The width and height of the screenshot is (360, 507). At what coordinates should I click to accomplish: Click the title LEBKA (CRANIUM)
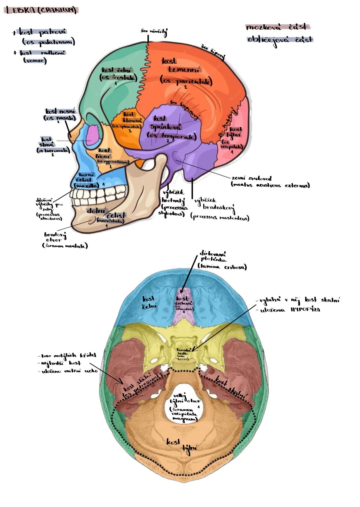[41, 10]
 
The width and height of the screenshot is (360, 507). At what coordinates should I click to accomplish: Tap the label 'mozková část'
[276, 27]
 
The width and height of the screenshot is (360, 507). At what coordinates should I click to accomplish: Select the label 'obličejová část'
[280, 40]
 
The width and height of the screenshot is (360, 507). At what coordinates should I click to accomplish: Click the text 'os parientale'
[186, 81]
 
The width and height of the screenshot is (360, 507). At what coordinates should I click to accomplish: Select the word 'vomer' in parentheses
[35, 61]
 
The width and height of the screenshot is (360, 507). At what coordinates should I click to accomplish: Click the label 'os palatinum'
[48, 42]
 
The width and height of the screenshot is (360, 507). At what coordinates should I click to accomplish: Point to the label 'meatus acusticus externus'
[270, 185]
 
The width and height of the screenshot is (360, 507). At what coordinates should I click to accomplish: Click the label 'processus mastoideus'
[220, 218]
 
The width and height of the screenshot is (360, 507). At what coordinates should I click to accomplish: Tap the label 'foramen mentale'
[65, 246]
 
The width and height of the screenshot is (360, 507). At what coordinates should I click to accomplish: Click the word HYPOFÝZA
[305, 310]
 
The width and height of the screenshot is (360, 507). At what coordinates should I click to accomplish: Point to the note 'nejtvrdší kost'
[59, 363]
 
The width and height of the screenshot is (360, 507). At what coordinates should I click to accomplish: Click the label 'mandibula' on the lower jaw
[110, 220]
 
